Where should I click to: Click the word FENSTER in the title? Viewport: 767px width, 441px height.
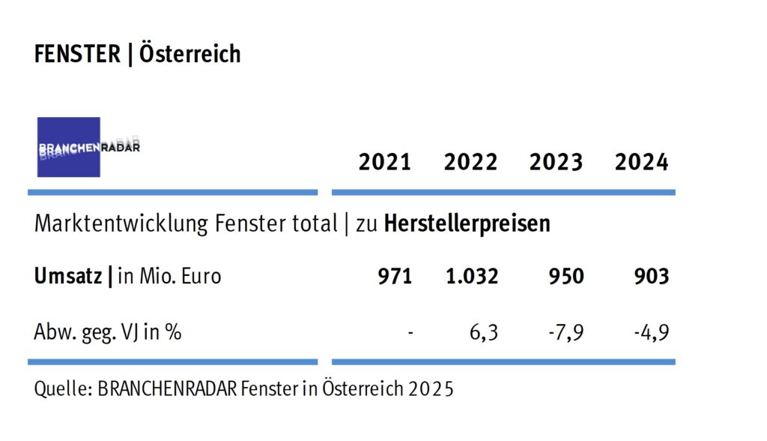[77, 54]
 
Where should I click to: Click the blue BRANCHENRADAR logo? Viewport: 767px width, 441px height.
[69, 147]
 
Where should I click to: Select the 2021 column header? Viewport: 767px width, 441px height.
[385, 162]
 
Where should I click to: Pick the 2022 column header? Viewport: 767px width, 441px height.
[470, 162]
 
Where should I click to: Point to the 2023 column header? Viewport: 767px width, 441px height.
[556, 162]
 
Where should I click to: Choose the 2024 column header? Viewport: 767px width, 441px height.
[641, 162]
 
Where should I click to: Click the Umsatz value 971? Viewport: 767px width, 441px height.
[395, 276]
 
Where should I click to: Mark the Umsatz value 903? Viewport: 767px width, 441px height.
[651, 276]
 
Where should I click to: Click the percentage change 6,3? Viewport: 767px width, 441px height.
[485, 331]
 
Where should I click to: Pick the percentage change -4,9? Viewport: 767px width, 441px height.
[651, 331]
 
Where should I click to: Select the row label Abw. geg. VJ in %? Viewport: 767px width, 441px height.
[107, 331]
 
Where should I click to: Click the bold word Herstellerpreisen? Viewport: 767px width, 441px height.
[467, 223]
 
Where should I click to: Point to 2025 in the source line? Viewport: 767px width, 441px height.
[433, 390]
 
